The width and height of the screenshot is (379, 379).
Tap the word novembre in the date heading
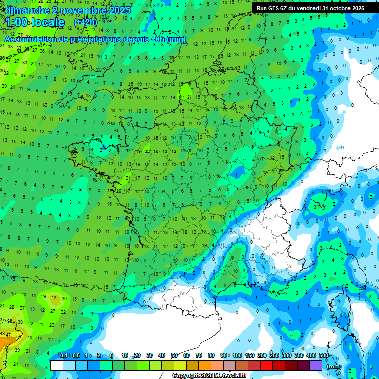80,10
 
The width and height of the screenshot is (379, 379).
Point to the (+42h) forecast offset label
85,22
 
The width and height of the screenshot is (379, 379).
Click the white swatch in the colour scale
57,365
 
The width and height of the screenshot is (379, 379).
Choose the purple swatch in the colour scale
316,365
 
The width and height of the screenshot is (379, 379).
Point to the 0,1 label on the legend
63,355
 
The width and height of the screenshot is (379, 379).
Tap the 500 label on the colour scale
324,355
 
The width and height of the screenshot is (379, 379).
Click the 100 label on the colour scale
237,355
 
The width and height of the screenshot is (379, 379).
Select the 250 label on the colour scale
274,355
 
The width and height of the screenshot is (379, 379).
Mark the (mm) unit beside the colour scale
334,366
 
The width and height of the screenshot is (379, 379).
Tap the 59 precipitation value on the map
20,336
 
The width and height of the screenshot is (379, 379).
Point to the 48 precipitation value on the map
3,334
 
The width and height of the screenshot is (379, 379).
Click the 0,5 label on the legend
76,355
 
